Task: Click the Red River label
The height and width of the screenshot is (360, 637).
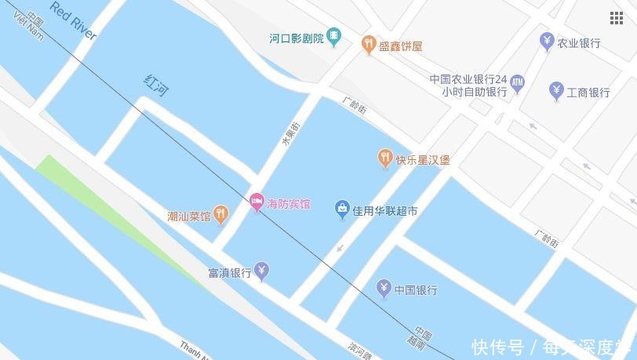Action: point(73,21)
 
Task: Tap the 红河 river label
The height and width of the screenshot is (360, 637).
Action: point(156,85)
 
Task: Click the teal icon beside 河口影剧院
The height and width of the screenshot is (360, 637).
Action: point(334,36)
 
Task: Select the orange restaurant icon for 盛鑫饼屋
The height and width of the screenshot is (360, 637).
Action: point(368,45)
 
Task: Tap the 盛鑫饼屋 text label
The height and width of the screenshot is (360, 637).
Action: point(401,46)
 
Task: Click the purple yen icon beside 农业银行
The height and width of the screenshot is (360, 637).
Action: point(547,42)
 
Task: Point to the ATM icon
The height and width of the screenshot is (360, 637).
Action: point(517,81)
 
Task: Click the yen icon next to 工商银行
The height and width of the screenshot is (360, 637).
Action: point(556,91)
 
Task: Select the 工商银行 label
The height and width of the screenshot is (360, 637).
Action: point(589,93)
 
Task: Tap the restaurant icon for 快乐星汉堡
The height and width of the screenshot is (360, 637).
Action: point(384,159)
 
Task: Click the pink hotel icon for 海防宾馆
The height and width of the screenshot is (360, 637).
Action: point(256,203)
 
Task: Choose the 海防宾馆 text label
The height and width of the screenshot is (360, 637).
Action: point(289,205)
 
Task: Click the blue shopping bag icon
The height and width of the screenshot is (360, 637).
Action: point(342,209)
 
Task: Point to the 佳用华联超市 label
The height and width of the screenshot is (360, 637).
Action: point(384,211)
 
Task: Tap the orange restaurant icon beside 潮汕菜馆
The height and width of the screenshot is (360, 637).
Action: point(221,213)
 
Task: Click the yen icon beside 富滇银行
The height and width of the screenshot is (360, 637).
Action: point(262,271)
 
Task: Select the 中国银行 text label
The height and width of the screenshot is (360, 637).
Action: point(416,290)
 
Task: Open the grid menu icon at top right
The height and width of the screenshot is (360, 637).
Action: point(617,18)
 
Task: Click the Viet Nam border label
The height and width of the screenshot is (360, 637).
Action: point(31,26)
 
